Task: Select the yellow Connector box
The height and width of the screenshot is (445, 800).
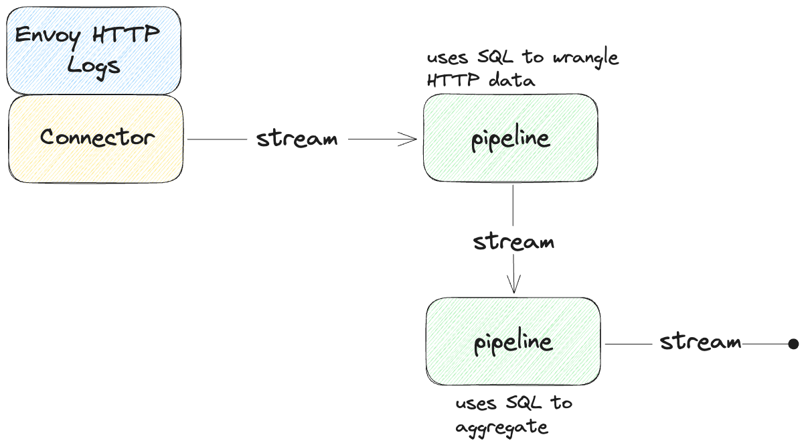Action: (x=96, y=138)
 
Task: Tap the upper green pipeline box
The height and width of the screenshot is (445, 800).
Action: (x=510, y=138)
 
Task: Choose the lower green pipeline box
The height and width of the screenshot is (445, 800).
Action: (x=513, y=342)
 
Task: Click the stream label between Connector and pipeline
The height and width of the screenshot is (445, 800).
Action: (x=297, y=139)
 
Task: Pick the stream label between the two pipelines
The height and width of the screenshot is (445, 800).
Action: (x=513, y=241)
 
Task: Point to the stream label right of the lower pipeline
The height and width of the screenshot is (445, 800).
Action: (x=700, y=342)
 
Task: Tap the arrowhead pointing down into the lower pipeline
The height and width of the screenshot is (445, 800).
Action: (x=513, y=287)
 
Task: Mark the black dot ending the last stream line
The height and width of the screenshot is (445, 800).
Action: (x=793, y=344)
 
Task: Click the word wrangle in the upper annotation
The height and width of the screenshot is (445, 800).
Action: (x=586, y=58)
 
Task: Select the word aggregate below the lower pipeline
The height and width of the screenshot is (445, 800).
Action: (x=502, y=428)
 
